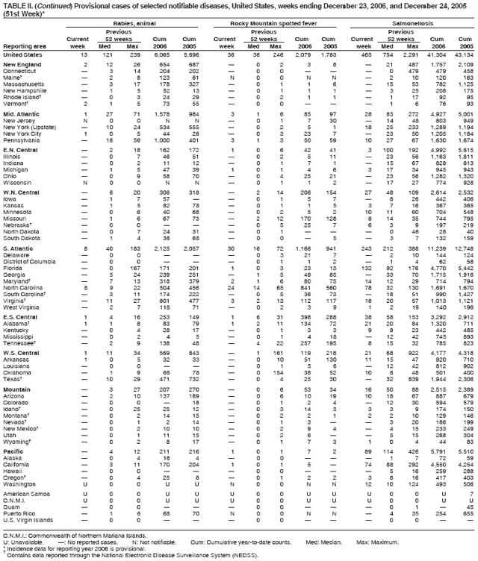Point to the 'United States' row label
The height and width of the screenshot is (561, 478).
click(x=22, y=55)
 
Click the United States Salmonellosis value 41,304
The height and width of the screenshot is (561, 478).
click(x=436, y=55)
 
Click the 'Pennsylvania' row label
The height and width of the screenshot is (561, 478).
click(x=23, y=139)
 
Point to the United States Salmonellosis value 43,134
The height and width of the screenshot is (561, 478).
click(x=463, y=55)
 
